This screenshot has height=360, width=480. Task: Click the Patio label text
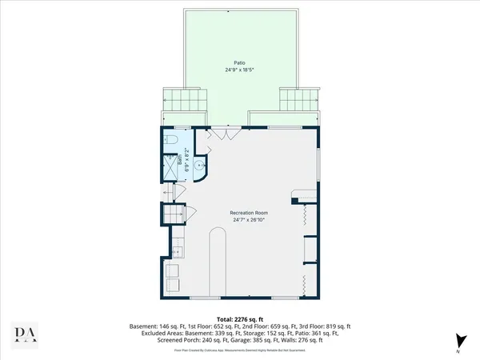pos(239,62)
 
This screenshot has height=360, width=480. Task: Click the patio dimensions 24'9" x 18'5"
pos(239,70)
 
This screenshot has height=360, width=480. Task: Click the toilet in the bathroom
pos(173,142)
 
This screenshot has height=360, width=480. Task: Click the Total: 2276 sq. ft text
pos(239,318)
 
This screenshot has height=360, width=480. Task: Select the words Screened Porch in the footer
pos(150,341)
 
